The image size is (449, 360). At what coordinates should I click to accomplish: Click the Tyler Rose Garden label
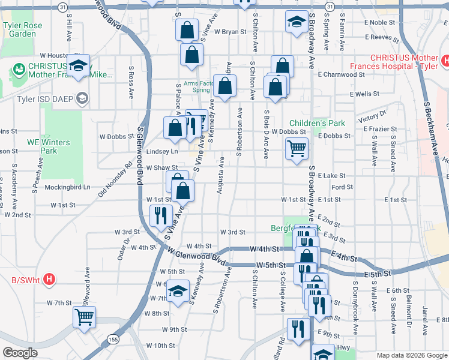point(19,29)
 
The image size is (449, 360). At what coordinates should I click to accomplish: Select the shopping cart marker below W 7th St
point(84,316)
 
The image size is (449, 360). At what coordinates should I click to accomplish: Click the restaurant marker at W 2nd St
point(160,215)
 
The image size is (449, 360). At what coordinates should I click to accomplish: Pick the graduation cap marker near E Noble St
point(295,23)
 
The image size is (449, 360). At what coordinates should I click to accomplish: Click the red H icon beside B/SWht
point(50,279)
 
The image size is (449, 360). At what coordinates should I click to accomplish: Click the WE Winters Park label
point(49,146)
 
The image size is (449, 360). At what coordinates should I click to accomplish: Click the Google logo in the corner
point(20,353)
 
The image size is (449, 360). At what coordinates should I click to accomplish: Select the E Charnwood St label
point(342,75)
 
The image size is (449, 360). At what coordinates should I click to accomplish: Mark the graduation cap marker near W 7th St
point(177,291)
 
